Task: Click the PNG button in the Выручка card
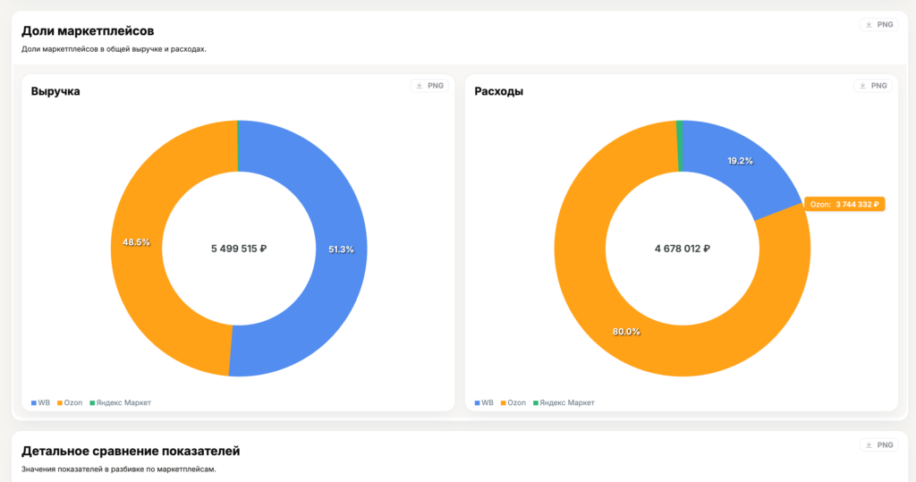(428, 86)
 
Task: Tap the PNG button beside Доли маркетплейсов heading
(878, 25)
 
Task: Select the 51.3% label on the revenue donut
(340, 249)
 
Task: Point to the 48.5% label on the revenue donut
(136, 242)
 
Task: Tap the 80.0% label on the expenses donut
(626, 332)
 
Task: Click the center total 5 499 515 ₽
(239, 249)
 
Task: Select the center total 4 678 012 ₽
(682, 249)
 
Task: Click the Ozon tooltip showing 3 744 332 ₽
(844, 205)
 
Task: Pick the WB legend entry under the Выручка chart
(40, 403)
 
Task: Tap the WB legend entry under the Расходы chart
(484, 403)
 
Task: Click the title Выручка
(55, 91)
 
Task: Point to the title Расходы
(498, 91)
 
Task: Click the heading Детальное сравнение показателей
(131, 451)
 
